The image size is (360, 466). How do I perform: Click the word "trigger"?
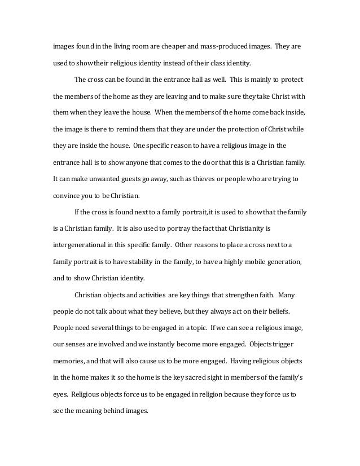tap(293, 343)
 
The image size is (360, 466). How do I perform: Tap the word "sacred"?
tap(202, 376)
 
